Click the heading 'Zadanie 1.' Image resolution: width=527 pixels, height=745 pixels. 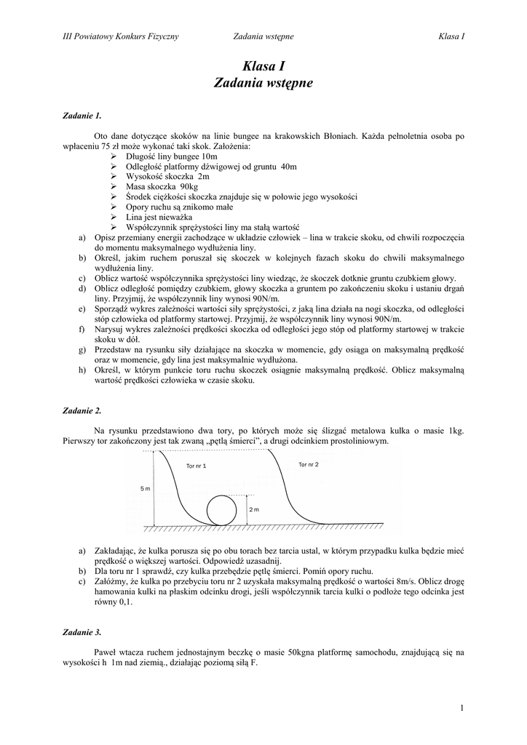[82, 115]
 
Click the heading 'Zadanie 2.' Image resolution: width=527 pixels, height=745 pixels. [82, 411]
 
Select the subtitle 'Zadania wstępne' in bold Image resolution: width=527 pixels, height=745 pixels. [263, 84]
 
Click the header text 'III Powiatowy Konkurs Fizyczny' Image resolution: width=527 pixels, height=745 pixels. [121, 36]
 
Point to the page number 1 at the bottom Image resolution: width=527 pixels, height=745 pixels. [462, 707]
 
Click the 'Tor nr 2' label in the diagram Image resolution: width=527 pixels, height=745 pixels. [309, 463]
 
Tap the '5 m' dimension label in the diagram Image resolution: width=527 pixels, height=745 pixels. [144, 489]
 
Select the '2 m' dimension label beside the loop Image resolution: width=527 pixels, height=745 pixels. [254, 509]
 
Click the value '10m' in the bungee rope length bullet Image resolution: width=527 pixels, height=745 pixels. [210, 156]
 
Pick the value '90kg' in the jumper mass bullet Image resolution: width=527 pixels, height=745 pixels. [188, 187]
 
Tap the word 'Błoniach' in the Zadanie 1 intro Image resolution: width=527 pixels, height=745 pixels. [356, 136]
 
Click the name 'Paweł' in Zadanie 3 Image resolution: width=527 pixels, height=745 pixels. [106, 653]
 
